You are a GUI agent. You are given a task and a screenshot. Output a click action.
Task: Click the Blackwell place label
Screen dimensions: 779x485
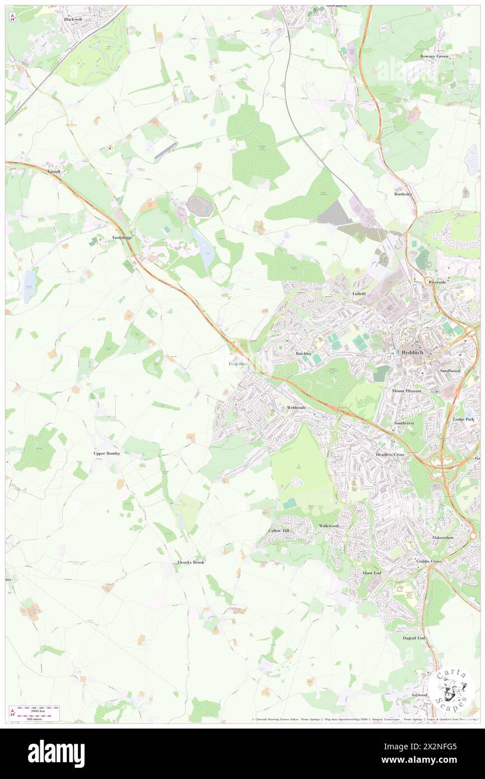73,19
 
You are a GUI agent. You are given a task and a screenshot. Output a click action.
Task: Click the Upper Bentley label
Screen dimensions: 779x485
106,453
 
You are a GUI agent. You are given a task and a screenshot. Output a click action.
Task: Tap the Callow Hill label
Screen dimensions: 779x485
279,530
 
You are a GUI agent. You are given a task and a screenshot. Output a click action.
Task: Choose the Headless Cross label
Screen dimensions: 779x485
390,455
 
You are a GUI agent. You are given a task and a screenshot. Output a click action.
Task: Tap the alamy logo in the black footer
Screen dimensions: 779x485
56,754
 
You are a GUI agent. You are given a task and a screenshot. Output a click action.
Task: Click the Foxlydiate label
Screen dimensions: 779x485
238,364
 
